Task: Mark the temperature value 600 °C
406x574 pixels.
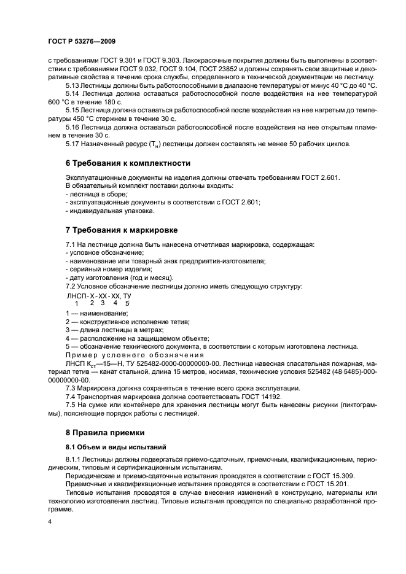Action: pyautogui.click(x=59, y=101)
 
